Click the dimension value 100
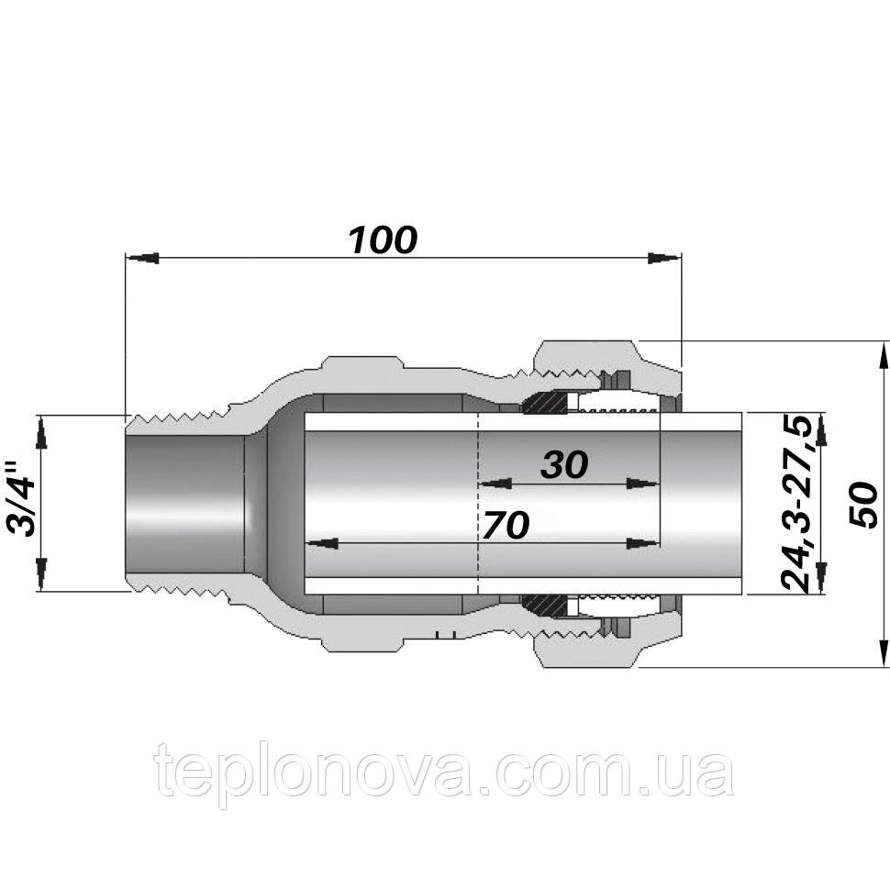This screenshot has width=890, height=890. pos(383,240)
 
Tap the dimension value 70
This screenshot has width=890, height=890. pos(506,526)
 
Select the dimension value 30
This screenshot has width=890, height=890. pos(563,465)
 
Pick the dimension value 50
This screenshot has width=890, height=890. pos(862,503)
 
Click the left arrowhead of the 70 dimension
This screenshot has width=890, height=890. pos(321,543)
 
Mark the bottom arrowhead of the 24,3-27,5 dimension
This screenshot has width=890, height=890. pos(822,578)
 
